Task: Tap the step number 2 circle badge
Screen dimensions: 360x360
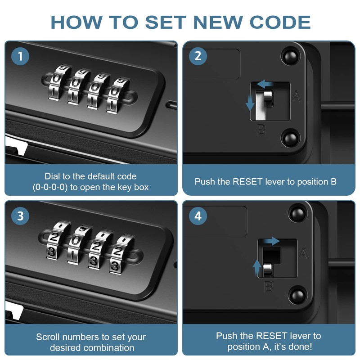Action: point(198,57)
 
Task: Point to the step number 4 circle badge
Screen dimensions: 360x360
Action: point(198,216)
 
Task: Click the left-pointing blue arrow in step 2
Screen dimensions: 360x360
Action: point(265,84)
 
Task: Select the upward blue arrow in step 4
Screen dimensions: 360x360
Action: point(257,268)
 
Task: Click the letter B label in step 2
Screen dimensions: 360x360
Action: point(261,130)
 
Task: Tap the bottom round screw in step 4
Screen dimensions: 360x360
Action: point(297,296)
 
